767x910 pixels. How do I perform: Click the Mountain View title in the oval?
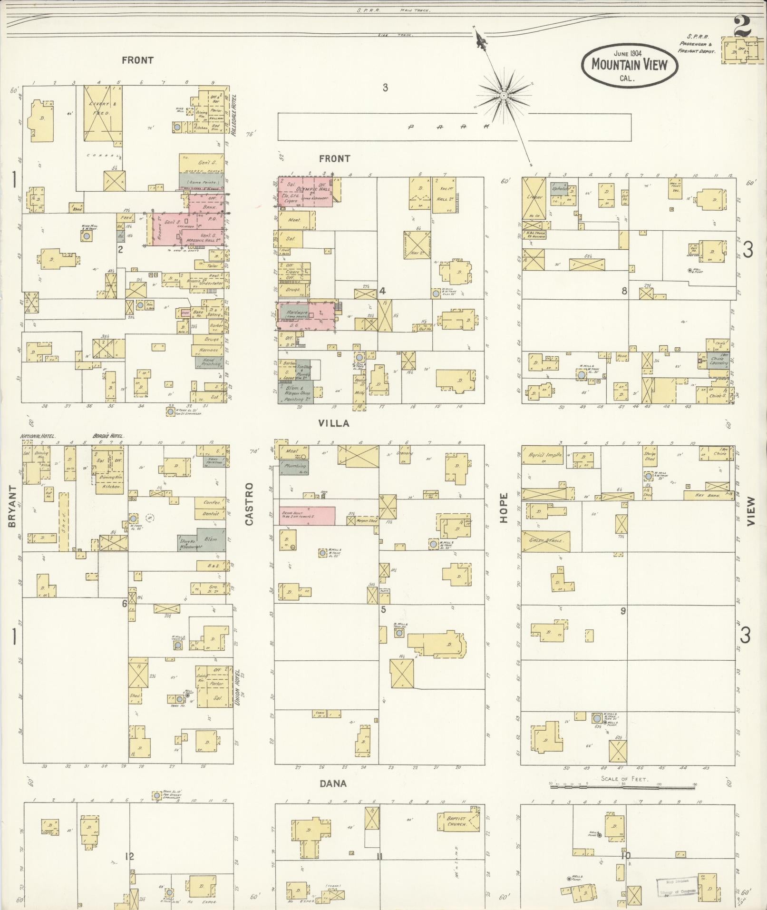tap(629, 65)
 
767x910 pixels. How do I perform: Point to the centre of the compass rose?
tap(504, 96)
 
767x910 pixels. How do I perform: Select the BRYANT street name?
tap(12, 506)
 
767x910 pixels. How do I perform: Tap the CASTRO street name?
tap(250, 504)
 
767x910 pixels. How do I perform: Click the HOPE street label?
tap(504, 508)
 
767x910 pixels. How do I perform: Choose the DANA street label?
tap(333, 783)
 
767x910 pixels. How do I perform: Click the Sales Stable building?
tap(545, 540)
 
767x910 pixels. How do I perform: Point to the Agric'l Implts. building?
tap(543, 455)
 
